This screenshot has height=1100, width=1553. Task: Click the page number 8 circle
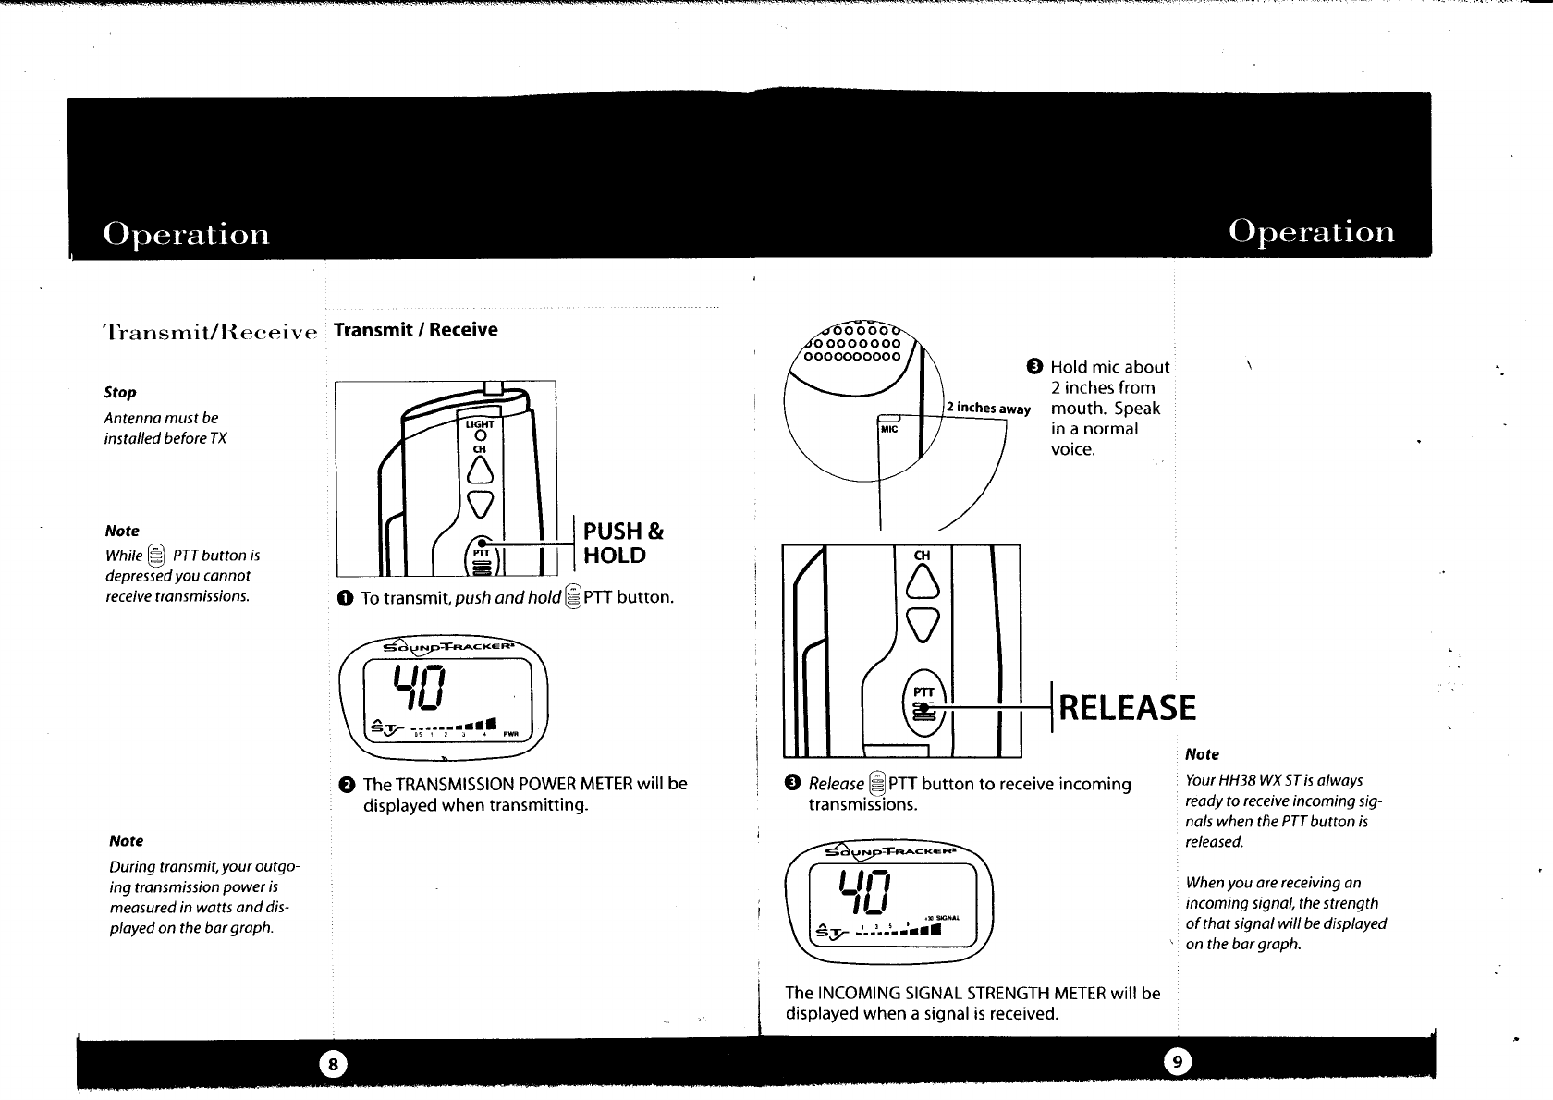[335, 1064]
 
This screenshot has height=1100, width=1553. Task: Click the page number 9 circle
[1176, 1064]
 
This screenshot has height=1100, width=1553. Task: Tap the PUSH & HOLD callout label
[624, 544]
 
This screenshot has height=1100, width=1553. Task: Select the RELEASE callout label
[1127, 709]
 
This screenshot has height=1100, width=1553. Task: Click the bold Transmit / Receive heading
[415, 330]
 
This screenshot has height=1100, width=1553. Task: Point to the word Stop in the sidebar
[120, 392]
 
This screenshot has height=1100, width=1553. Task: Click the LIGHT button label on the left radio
[480, 425]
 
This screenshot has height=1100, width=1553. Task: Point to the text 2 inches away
[988, 409]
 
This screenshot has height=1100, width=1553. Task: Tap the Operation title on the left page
[186, 233]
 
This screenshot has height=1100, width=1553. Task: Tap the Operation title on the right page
[1312, 231]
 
